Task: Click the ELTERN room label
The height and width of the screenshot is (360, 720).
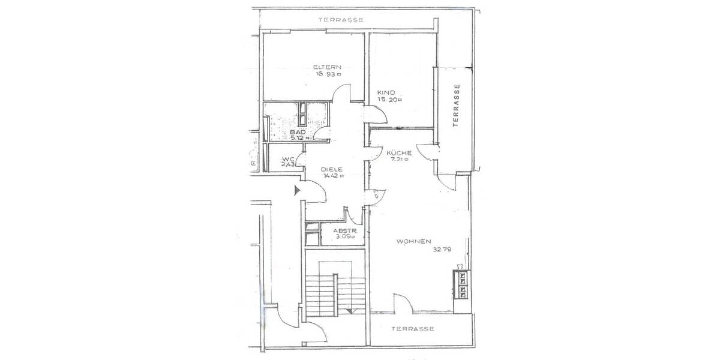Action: tap(328, 67)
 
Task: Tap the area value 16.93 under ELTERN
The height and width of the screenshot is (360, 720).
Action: tap(328, 75)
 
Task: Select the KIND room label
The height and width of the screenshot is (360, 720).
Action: tap(385, 92)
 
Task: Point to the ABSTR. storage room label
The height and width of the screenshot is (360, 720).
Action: tap(345, 230)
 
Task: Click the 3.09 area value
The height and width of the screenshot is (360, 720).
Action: tap(346, 238)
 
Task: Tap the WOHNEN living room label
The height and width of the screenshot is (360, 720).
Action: tap(414, 242)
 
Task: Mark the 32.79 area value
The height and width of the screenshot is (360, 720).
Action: tap(443, 251)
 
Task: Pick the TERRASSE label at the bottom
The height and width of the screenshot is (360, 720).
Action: tap(412, 329)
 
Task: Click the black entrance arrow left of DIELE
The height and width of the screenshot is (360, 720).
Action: tap(297, 191)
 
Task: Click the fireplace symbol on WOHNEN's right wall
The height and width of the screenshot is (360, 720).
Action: tap(463, 284)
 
